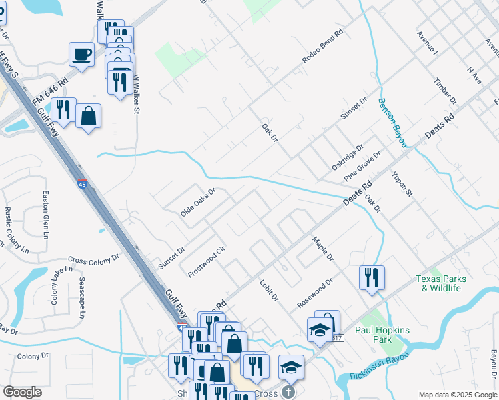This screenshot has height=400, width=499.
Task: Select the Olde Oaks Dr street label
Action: pyautogui.click(x=199, y=202)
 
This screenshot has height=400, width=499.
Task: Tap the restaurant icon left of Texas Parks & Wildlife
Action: pyautogui.click(x=372, y=277)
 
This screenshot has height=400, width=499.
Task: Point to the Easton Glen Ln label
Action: pyautogui.click(x=46, y=215)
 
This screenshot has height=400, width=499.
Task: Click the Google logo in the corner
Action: pyautogui.click(x=22, y=392)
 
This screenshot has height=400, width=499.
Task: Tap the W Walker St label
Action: pyautogui.click(x=136, y=94)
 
